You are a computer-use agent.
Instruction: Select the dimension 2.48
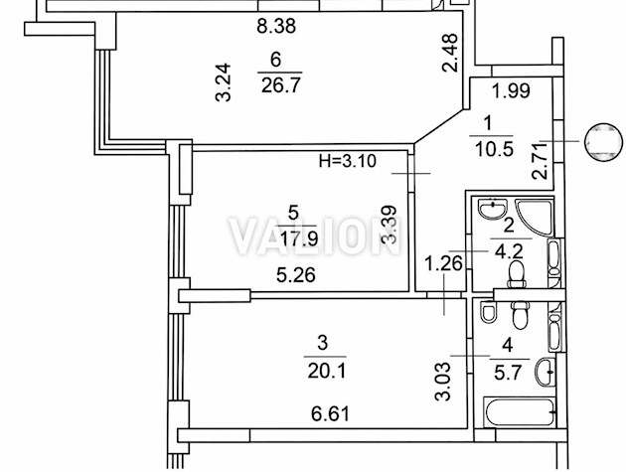(450, 53)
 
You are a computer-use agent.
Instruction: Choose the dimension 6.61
(305, 413)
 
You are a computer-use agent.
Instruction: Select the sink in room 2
(490, 211)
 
